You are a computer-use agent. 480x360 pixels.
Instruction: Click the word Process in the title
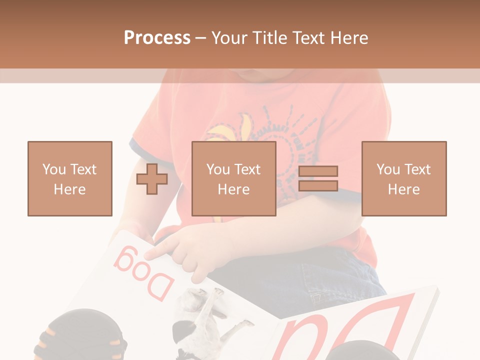pos(157,37)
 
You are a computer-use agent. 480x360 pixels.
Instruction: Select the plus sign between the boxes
pos(152,179)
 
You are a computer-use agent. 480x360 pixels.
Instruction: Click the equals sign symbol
pos(318,178)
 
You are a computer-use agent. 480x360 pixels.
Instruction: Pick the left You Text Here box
pos(70,178)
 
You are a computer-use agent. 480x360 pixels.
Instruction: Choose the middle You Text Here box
pos(234,178)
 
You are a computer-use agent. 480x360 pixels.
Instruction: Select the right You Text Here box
pos(404,178)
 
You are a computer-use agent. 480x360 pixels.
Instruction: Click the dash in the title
pos(200,38)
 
